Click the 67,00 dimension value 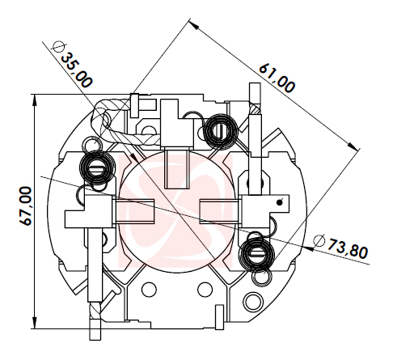point(26,205)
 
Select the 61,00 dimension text point(277,78)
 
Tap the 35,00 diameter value point(77,70)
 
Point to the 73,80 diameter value point(348,248)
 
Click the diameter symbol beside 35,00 point(58,47)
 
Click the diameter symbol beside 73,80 point(319,241)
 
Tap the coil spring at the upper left point(96,168)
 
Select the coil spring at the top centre point(221,131)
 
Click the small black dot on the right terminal point(280,202)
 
